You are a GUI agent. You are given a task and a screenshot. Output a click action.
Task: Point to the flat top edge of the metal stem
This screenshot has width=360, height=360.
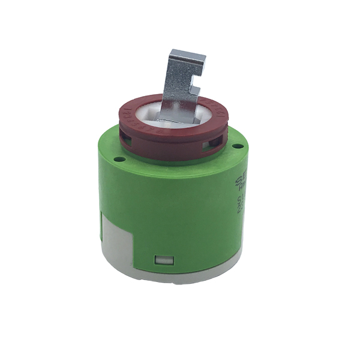[x=187, y=53]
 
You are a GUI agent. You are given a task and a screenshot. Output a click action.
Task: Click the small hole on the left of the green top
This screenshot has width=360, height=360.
[x=119, y=159]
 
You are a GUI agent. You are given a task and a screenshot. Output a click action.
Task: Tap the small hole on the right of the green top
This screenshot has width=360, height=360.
[x=239, y=145]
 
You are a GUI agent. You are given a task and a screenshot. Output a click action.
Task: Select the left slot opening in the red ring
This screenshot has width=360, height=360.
[x=128, y=141]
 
